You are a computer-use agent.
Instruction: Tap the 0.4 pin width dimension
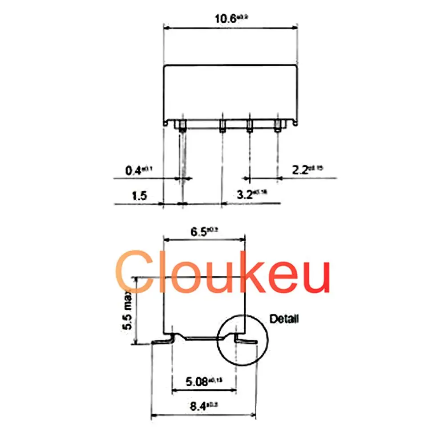133,170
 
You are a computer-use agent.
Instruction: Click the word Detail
284,319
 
